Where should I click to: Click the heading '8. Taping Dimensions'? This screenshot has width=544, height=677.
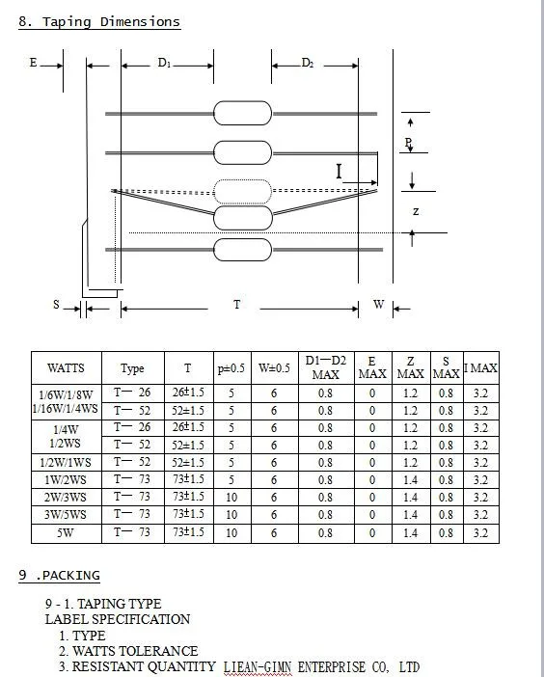99,22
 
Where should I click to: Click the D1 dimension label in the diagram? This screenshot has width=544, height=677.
165,63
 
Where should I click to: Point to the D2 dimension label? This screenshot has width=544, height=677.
308,63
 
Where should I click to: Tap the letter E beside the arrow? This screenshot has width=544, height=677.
33,63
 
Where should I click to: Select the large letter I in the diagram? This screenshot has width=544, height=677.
339,172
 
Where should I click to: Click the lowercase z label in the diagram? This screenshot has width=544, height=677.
416,211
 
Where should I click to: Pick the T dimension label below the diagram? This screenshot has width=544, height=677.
236,305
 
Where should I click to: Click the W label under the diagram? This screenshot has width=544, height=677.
379,305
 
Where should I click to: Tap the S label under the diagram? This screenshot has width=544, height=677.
56,305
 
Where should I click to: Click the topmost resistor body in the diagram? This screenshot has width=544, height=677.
243,113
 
